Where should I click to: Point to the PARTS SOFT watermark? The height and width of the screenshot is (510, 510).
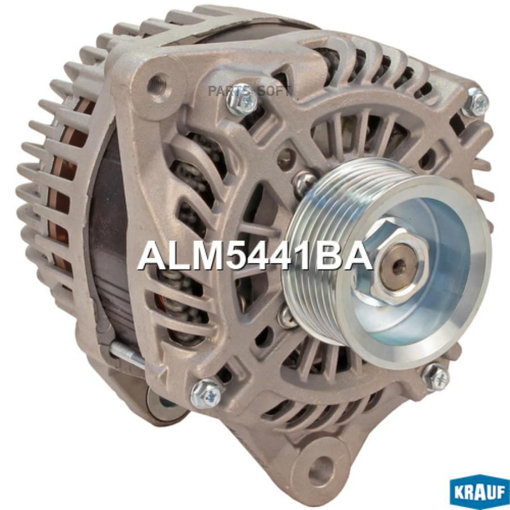coord(249,91)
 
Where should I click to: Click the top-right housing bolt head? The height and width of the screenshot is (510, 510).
coord(475,102)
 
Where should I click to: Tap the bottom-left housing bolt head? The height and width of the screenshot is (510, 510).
coord(206,394)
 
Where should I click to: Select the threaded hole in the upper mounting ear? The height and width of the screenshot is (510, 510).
coord(157,83)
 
